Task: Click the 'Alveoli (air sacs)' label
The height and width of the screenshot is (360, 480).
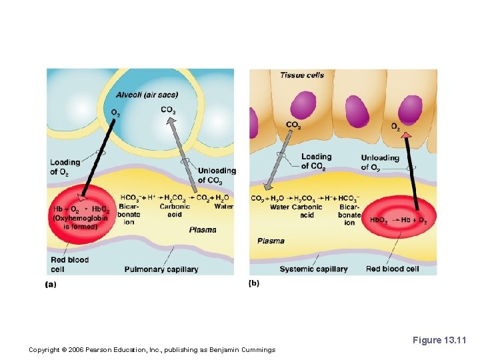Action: [147, 94]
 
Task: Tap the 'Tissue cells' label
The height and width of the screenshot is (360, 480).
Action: [302, 75]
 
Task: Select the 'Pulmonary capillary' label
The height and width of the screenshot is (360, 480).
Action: [161, 269]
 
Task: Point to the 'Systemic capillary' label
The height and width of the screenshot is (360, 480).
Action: [313, 269]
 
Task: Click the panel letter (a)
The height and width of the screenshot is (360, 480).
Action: [51, 284]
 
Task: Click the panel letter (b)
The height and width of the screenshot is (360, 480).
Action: [254, 283]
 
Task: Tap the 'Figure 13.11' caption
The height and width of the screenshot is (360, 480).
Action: [440, 341]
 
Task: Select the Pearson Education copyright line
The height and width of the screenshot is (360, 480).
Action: [152, 350]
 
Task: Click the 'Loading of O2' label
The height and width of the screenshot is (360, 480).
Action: [65, 167]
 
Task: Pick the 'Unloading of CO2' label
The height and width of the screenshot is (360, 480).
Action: [217, 175]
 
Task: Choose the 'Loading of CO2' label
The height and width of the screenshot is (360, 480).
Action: [316, 161]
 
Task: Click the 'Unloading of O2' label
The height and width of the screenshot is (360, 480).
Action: [380, 162]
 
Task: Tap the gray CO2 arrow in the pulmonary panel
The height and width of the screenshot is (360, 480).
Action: [185, 157]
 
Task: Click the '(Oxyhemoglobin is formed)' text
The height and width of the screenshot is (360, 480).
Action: [75, 222]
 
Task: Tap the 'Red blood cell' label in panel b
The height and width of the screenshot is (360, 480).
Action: [392, 269]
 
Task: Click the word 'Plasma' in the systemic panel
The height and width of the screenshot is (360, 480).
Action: [271, 241]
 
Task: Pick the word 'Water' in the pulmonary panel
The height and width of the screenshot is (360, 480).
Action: [224, 207]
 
